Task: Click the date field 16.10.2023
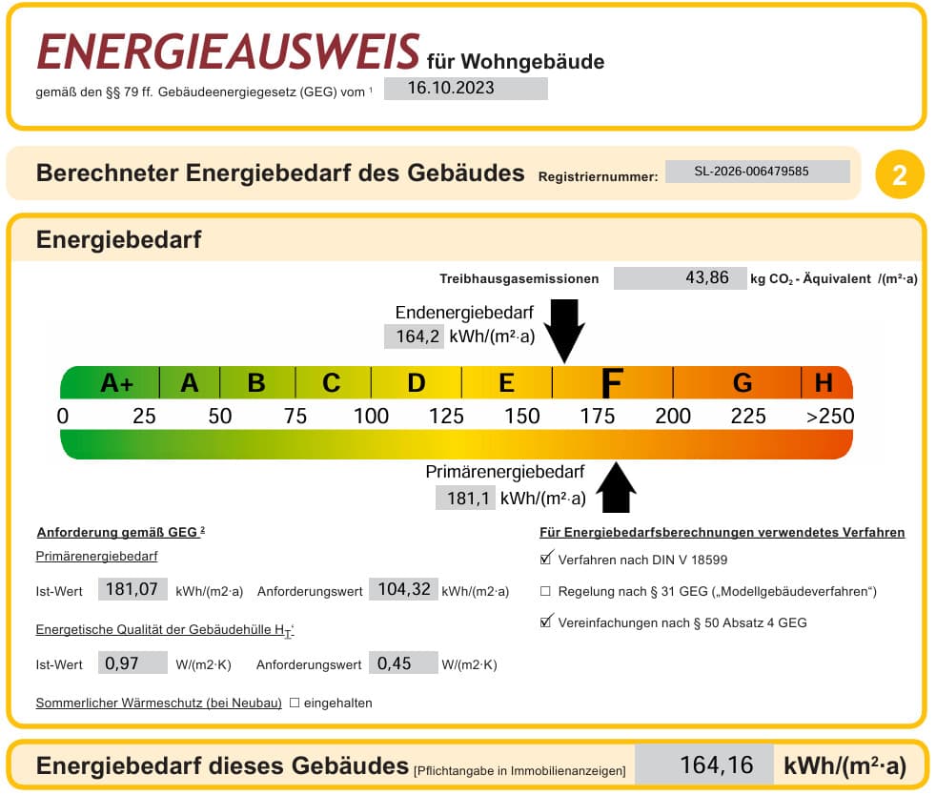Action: coord(465,89)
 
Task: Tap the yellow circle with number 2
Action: coord(899,174)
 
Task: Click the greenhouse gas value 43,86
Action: coord(680,278)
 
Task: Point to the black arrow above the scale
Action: coord(564,330)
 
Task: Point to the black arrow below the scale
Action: coord(616,488)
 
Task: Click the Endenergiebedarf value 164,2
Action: coord(414,336)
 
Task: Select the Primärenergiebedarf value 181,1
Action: coord(465,499)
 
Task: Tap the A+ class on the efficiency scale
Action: coord(116,382)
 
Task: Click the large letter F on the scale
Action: coord(613,382)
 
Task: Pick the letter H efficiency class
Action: coord(824,382)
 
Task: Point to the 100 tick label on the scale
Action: coord(371,416)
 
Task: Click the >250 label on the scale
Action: coord(830,416)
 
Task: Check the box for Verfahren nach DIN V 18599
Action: coord(545,560)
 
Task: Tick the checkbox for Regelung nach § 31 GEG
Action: coord(545,591)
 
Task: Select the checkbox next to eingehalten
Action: coord(295,703)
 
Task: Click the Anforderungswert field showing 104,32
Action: coord(403,590)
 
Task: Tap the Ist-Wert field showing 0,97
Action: coord(132,663)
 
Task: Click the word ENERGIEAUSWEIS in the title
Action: coord(228,51)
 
